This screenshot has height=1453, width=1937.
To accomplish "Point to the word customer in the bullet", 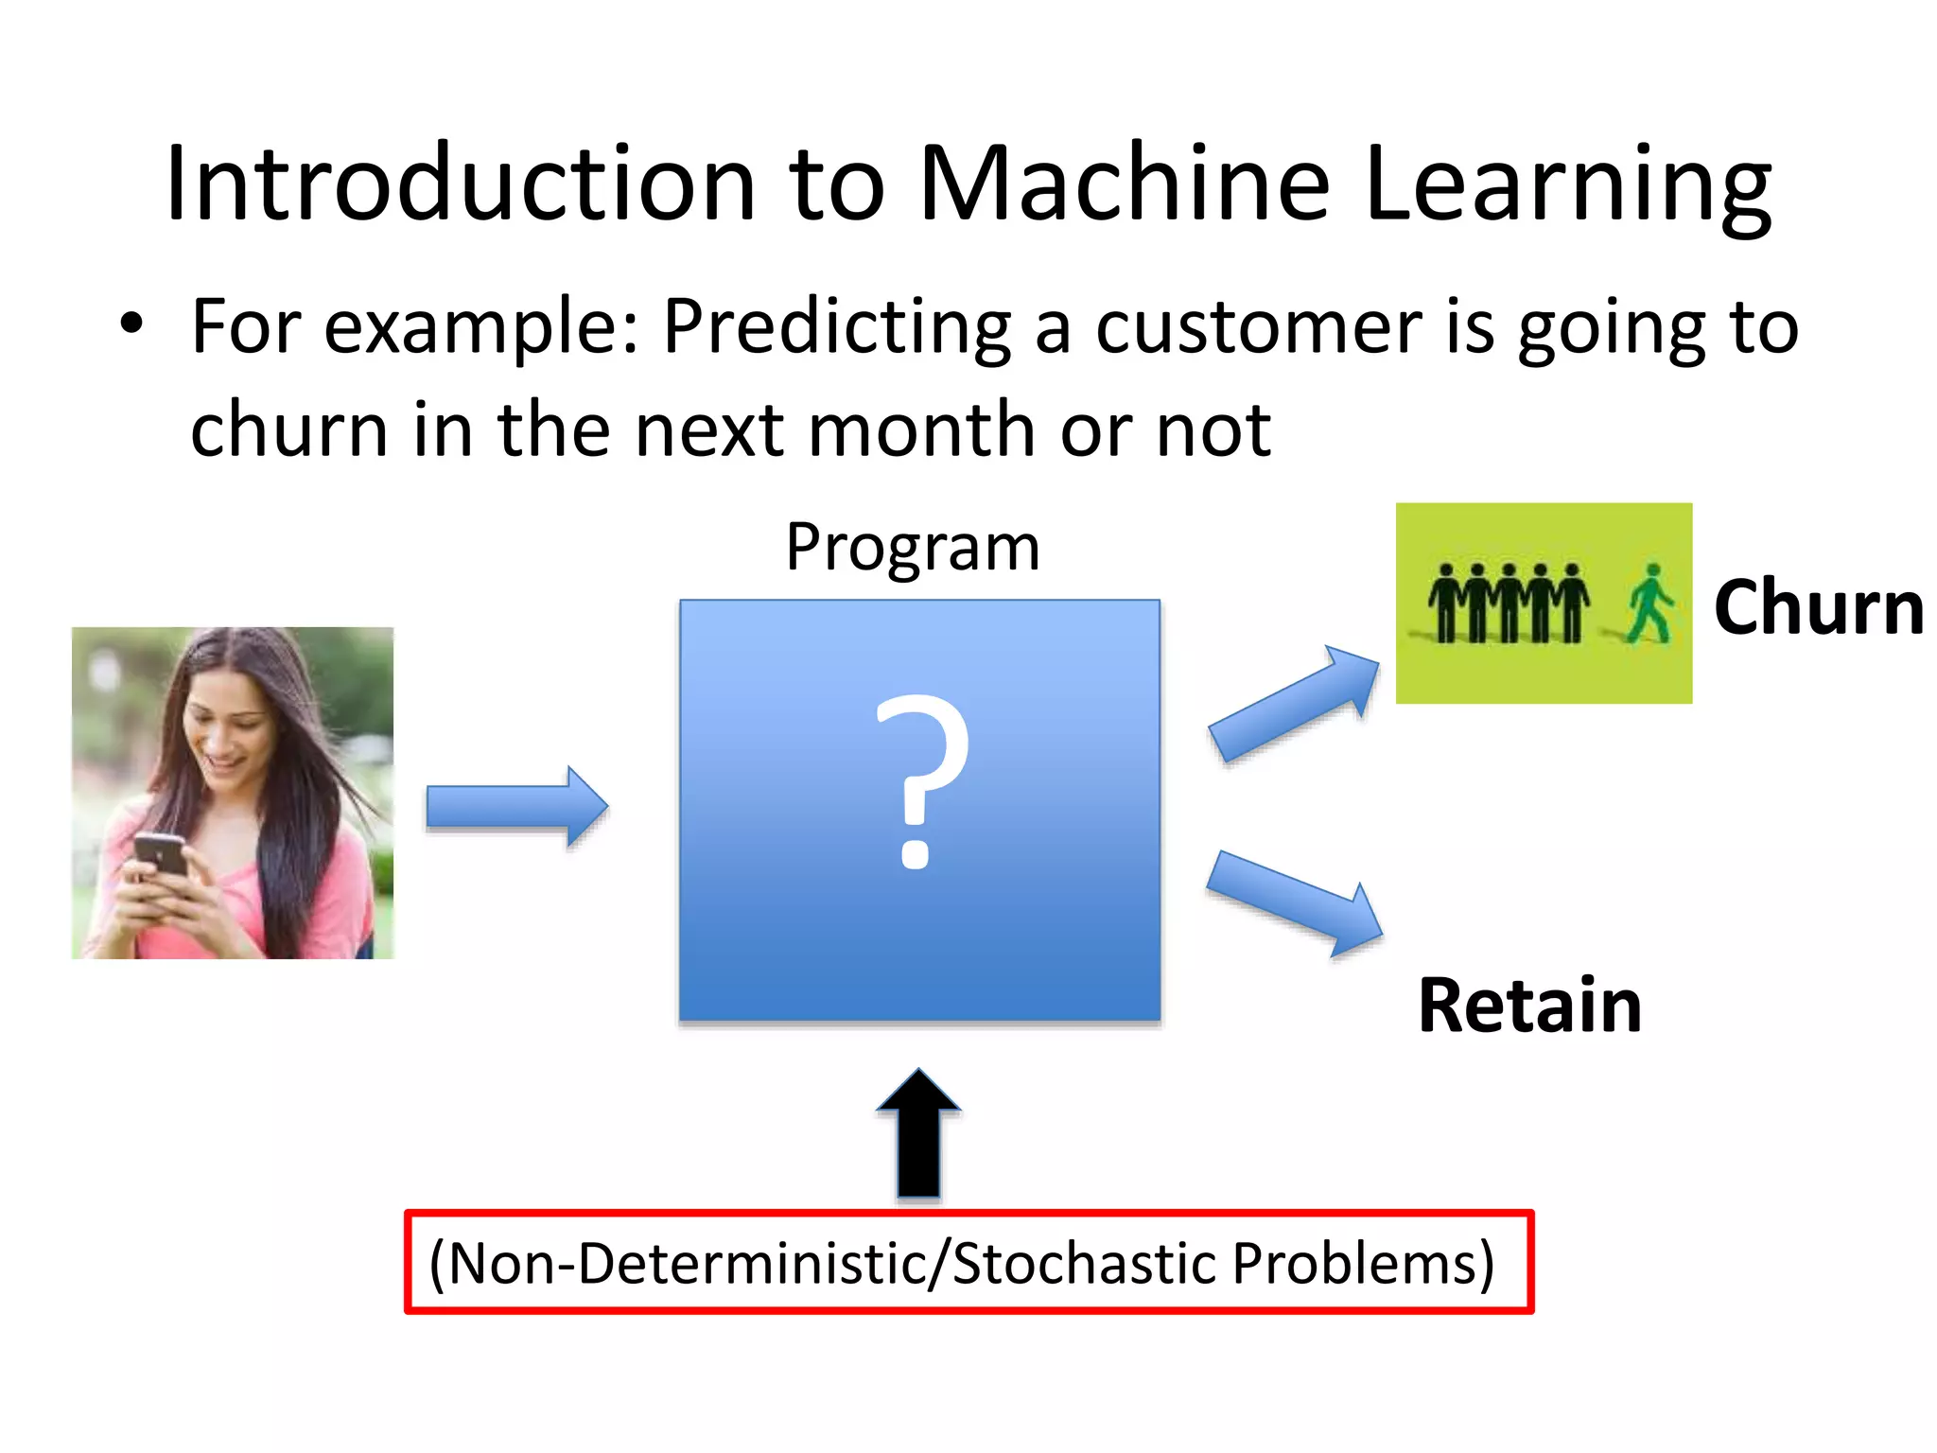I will pos(1258,327).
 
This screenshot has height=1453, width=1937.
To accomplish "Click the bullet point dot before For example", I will pos(131,324).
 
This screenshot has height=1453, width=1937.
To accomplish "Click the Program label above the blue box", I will pos(912,548).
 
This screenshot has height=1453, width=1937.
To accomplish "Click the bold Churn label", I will pos(1818,607).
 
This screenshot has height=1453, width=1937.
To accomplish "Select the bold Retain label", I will pos(1529,1006).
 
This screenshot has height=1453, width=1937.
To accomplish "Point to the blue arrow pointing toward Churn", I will pos(1294,704).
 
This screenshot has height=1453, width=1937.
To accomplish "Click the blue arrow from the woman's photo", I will pos(516,807).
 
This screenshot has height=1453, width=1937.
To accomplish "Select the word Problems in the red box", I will pos(1362,1264).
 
